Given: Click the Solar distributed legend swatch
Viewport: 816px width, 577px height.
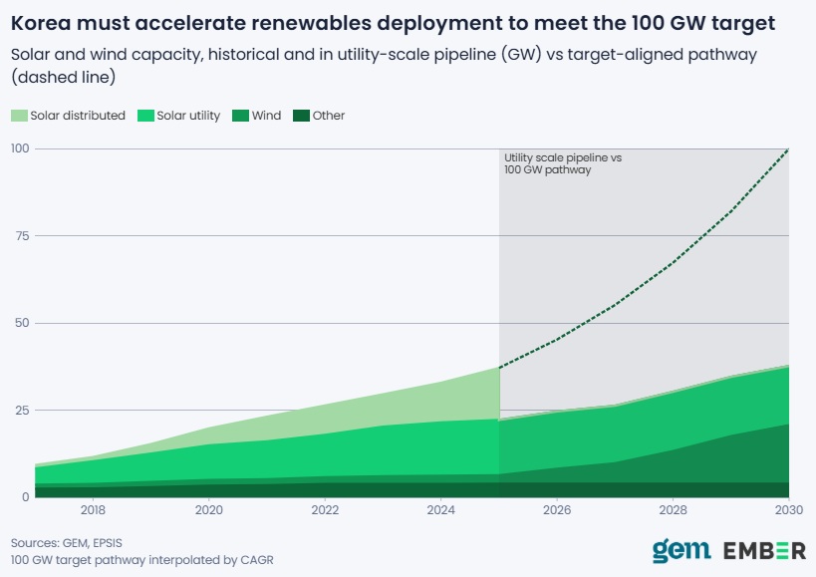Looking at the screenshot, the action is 19,116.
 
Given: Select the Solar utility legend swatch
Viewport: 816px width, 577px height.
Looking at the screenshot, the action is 145,116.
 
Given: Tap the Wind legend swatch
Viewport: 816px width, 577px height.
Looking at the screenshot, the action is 240,116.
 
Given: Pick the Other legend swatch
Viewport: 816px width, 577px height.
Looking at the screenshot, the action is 301,116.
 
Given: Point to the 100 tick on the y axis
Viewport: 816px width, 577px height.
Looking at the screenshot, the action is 20,148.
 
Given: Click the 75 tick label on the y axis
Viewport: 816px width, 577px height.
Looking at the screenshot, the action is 22,236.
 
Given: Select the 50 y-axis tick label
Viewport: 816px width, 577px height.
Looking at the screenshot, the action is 22,323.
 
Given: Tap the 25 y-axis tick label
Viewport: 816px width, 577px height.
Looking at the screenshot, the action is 22,410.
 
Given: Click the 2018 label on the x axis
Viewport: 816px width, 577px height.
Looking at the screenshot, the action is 93,510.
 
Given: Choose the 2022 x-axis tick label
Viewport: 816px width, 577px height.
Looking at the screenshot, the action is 325,510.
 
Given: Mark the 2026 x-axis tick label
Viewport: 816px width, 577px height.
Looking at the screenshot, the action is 557,510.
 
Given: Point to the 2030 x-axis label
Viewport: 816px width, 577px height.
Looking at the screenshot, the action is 789,510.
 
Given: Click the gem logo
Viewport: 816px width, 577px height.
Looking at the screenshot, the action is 681,550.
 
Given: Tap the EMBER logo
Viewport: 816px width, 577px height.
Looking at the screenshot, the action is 764,550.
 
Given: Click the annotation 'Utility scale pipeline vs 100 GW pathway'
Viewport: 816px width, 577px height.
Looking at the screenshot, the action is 563,163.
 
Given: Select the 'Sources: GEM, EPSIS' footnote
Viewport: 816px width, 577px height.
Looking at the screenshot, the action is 67,543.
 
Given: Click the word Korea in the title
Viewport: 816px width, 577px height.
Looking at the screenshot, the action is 41,23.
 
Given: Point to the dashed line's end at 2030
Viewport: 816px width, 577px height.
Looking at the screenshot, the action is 788,149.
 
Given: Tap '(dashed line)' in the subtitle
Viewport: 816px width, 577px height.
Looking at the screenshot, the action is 63,77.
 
